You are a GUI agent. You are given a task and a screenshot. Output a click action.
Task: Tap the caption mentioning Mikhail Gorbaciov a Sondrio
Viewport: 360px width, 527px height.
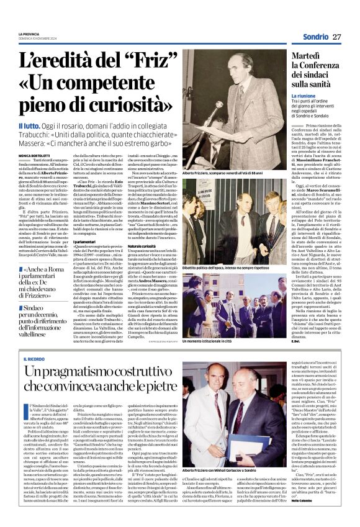231,471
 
